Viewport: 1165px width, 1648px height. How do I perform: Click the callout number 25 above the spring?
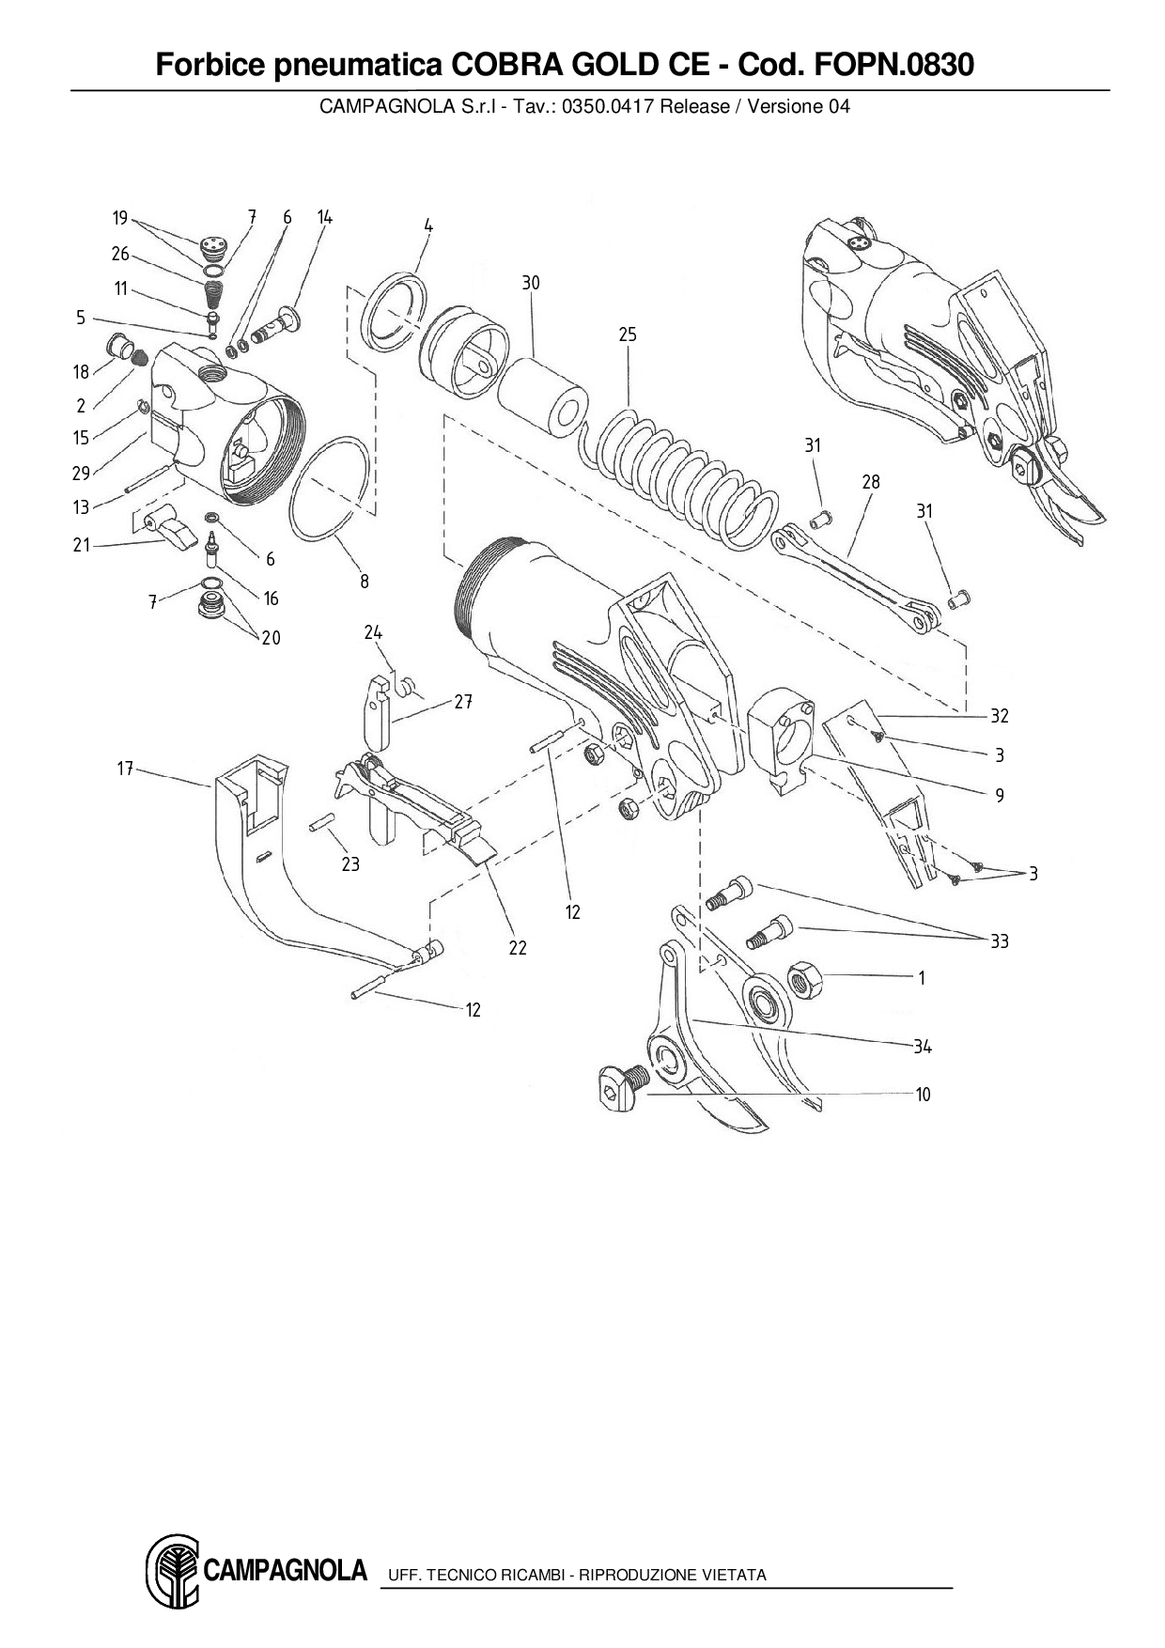pyautogui.click(x=628, y=334)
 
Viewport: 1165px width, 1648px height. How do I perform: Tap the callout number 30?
pyautogui.click(x=531, y=283)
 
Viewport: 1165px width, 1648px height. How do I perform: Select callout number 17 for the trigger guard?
pyautogui.click(x=125, y=769)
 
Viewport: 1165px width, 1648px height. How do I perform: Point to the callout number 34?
pyautogui.click(x=923, y=1047)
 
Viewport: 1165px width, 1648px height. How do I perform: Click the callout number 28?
pyautogui.click(x=871, y=482)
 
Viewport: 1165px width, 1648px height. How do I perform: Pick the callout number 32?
pyautogui.click(x=1000, y=716)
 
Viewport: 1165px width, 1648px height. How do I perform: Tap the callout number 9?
pyautogui.click(x=1000, y=796)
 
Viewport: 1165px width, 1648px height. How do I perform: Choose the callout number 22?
pyautogui.click(x=518, y=948)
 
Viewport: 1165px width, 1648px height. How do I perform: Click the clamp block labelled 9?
pyautogui.click(x=779, y=739)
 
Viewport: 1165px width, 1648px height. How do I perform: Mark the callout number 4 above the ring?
pyautogui.click(x=427, y=225)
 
